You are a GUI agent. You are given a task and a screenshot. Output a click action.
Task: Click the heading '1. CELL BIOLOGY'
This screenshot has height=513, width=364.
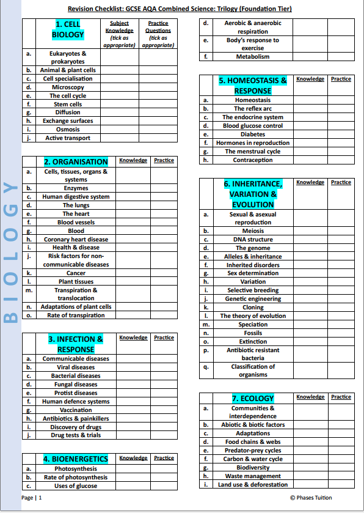coord(67,29)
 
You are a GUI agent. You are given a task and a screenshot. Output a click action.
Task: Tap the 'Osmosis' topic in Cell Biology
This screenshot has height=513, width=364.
coord(67,130)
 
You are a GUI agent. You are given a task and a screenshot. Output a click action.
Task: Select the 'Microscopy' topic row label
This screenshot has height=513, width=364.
coord(67,87)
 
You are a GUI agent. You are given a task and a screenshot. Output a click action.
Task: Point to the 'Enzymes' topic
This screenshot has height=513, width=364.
coord(76,188)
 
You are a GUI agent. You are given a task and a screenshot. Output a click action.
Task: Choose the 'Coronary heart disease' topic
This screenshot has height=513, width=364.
coord(76,240)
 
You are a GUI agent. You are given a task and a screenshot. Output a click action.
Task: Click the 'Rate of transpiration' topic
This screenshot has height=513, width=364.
coord(76,316)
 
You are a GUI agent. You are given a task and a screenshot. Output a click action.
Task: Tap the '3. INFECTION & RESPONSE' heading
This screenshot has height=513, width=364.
coord(76,344)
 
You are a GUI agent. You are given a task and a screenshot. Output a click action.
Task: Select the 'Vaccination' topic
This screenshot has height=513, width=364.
coord(76,410)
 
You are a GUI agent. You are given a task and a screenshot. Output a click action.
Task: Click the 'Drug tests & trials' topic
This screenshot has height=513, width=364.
coord(76,435)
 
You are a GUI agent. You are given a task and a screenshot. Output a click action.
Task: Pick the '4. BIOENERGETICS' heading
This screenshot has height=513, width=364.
coord(76,459)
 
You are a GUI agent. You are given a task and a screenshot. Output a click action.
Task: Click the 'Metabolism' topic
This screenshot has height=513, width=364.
coord(253,57)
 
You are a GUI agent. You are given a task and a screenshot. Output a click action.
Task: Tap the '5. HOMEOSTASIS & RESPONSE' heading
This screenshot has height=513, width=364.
coord(253,86)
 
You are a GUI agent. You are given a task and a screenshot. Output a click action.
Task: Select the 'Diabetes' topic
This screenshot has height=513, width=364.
coord(253,135)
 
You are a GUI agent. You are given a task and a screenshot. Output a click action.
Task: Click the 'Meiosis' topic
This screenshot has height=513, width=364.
coord(253,231)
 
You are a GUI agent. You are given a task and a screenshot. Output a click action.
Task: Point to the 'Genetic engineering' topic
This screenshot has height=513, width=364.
coord(253,299)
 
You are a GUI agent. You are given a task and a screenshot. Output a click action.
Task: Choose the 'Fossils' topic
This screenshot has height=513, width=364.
coord(253,333)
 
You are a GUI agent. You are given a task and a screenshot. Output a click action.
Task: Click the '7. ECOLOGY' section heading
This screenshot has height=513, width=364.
coord(253,399)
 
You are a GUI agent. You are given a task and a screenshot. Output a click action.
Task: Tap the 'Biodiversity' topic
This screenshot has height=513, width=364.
coord(253,468)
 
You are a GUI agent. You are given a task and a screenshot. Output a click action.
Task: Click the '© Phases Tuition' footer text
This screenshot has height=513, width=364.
coord(311,498)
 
